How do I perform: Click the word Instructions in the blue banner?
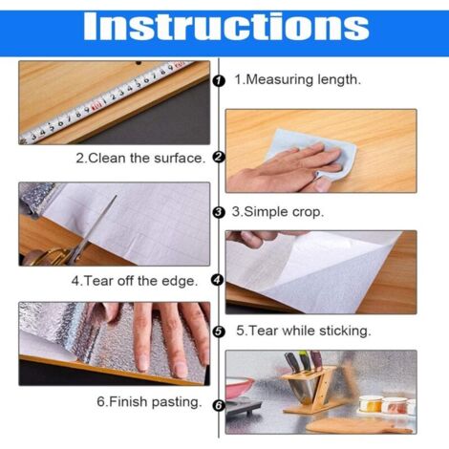(224, 28)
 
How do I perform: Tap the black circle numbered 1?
(218, 80)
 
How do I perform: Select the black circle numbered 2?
(218, 158)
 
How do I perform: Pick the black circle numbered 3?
(218, 212)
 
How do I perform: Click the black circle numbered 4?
(218, 280)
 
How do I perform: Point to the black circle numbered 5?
(218, 331)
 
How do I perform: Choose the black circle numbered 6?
(218, 405)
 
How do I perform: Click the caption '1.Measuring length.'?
(298, 80)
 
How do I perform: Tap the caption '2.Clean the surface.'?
(139, 159)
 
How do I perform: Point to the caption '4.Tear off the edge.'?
(135, 281)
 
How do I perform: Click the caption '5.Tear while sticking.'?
(304, 331)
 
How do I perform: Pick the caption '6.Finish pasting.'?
(149, 402)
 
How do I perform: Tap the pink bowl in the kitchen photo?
(241, 386)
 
